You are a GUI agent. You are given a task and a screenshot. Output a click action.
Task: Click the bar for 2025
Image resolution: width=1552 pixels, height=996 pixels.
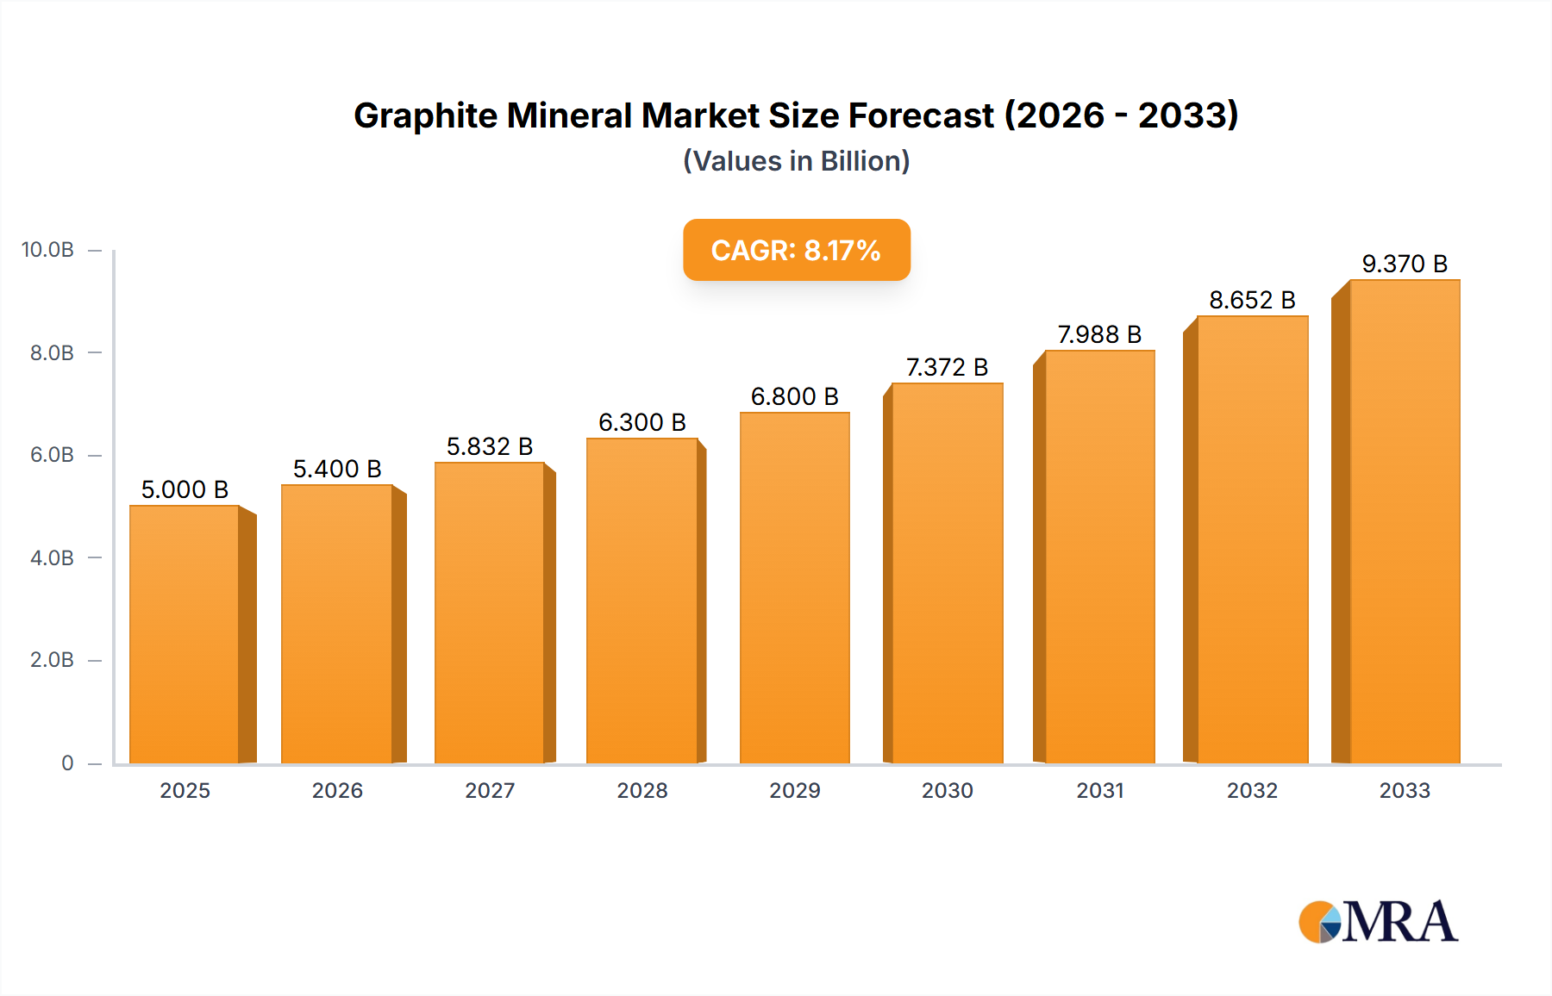tap(185, 634)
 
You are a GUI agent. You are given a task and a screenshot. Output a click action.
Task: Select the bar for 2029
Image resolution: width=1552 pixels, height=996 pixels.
tap(795, 588)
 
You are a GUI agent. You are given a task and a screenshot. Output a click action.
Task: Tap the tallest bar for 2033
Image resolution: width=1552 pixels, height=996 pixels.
tap(1405, 521)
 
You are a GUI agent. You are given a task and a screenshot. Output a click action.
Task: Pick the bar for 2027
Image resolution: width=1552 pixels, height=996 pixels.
tap(490, 613)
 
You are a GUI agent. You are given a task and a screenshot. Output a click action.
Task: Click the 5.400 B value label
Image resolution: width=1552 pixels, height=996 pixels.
tap(337, 469)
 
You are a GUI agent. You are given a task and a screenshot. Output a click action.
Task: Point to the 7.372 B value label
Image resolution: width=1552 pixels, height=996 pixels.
tap(947, 367)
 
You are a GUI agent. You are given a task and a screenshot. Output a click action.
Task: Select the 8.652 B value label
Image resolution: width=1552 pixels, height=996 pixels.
tap(1252, 300)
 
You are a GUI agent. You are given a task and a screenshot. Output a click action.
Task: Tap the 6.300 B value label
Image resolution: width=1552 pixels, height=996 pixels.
tap(642, 422)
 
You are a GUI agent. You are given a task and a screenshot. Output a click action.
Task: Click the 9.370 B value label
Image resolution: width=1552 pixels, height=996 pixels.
tap(1405, 264)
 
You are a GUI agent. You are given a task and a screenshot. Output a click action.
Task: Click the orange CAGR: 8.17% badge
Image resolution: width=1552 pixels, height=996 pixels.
tap(796, 250)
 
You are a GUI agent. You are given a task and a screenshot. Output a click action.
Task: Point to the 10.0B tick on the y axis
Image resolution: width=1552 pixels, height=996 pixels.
tap(48, 250)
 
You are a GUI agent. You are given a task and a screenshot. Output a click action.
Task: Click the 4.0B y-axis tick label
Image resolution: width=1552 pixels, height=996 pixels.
tap(52, 557)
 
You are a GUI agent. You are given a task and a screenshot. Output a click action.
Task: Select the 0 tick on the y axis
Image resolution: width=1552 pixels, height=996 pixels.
tap(67, 763)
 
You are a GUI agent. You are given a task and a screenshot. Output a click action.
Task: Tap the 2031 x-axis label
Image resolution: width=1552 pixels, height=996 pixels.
tap(1100, 790)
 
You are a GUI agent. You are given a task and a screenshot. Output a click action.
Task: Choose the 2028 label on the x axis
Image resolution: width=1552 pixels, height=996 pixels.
tap(642, 790)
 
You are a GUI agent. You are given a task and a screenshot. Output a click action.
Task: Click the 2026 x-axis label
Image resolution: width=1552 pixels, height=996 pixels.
tap(337, 790)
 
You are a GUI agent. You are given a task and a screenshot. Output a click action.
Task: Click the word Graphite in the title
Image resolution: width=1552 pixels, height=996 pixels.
tap(425, 115)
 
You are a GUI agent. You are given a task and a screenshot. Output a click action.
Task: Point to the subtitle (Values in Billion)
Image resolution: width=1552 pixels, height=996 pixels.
tap(796, 161)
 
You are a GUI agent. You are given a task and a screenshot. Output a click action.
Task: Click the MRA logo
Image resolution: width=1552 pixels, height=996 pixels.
tap(1378, 922)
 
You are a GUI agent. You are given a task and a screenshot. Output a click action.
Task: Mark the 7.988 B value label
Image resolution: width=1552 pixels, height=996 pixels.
tap(1099, 334)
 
